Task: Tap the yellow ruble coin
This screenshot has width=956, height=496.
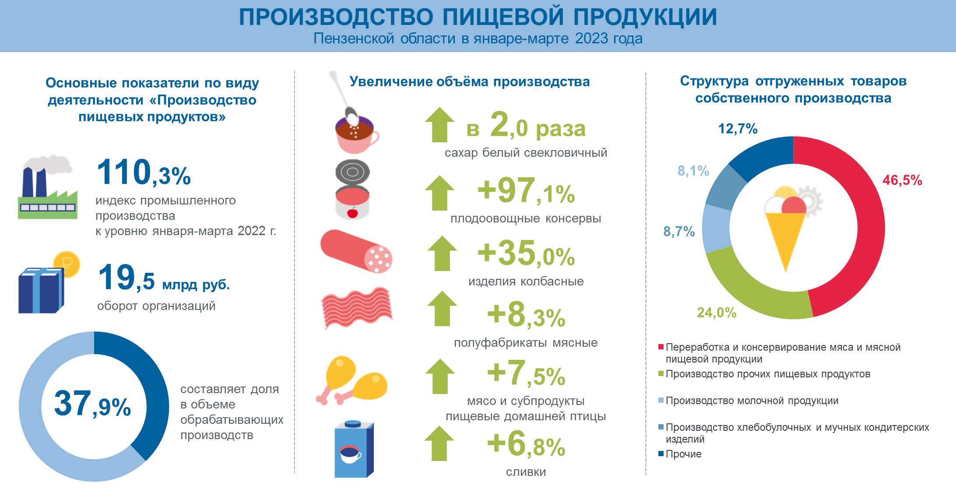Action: pyautogui.click(x=67, y=264)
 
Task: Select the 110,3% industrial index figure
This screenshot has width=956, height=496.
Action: pyautogui.click(x=144, y=172)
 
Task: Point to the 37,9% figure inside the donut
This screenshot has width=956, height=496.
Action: pyautogui.click(x=92, y=404)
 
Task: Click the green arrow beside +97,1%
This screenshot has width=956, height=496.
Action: pyautogui.click(x=440, y=193)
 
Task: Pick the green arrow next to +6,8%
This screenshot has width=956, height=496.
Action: pyautogui.click(x=440, y=443)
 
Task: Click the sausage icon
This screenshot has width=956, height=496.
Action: pyautogui.click(x=356, y=251)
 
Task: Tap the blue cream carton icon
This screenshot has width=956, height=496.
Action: pyautogui.click(x=354, y=449)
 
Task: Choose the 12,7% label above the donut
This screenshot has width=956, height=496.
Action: pyautogui.click(x=738, y=129)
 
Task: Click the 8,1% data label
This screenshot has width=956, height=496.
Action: pyautogui.click(x=693, y=171)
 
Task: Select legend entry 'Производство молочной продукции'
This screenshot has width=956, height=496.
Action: pyautogui.click(x=749, y=401)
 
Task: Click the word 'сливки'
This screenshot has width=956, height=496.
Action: pyautogui.click(x=526, y=472)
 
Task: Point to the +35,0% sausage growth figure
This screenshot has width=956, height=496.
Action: pyautogui.click(x=526, y=253)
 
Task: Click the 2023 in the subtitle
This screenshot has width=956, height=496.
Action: pyautogui.click(x=591, y=39)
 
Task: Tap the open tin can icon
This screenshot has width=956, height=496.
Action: pyautogui.click(x=353, y=190)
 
